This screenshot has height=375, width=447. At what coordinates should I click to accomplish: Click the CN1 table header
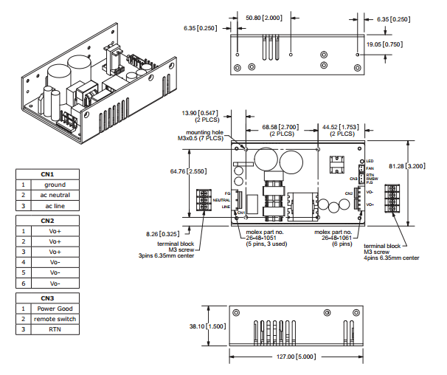[x=48, y=175]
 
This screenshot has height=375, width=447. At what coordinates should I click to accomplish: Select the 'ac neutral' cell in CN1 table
[x=55, y=196]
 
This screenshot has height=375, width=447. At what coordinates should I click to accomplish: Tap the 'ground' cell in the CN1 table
[x=55, y=185]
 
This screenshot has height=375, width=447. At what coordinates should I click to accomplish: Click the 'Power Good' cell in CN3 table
[x=55, y=309]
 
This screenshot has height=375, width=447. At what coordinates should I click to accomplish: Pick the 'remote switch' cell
[x=55, y=319]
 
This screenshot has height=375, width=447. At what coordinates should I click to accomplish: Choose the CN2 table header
[x=48, y=221]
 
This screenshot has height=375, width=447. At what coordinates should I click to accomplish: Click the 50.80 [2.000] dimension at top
[x=263, y=16]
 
